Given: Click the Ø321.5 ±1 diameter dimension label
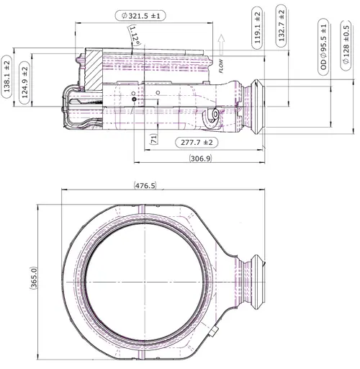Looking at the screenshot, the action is (140, 16).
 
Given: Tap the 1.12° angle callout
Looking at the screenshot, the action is (135, 35).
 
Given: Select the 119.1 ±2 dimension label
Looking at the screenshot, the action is (257, 28).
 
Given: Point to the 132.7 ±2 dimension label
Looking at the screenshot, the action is (282, 26).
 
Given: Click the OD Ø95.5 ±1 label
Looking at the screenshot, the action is (323, 47).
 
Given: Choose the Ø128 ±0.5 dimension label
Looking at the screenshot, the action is (346, 45).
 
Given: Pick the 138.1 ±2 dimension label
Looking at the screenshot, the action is (6, 76).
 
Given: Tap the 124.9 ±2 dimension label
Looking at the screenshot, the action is (24, 82).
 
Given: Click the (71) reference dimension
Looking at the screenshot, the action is (154, 139).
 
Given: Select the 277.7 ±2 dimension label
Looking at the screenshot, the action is (197, 143).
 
